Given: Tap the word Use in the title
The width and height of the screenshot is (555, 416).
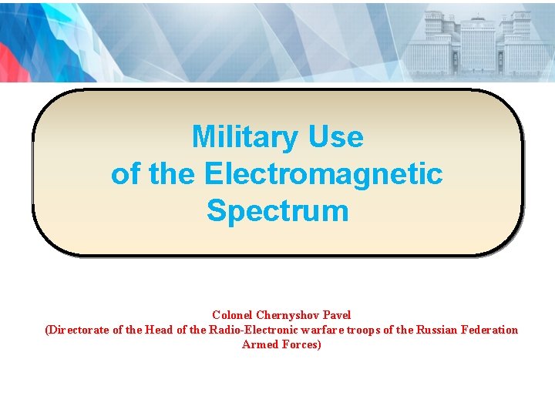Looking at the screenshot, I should tap(335, 137).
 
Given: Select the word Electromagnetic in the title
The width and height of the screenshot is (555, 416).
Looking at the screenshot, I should tap(324, 174).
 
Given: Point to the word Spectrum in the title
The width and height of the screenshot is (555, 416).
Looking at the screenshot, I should tap(277, 211).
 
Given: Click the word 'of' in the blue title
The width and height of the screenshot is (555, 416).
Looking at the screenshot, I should tap(126, 174).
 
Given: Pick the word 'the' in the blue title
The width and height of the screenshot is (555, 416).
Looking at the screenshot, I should tap(173, 174).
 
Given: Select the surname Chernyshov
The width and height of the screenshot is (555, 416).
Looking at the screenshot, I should tap(289, 315).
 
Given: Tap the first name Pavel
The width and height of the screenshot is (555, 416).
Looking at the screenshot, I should tap(337, 315).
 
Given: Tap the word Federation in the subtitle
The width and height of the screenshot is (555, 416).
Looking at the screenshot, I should tap(490, 330).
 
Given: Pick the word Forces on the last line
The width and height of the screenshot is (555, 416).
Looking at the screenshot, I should tap(302, 344).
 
